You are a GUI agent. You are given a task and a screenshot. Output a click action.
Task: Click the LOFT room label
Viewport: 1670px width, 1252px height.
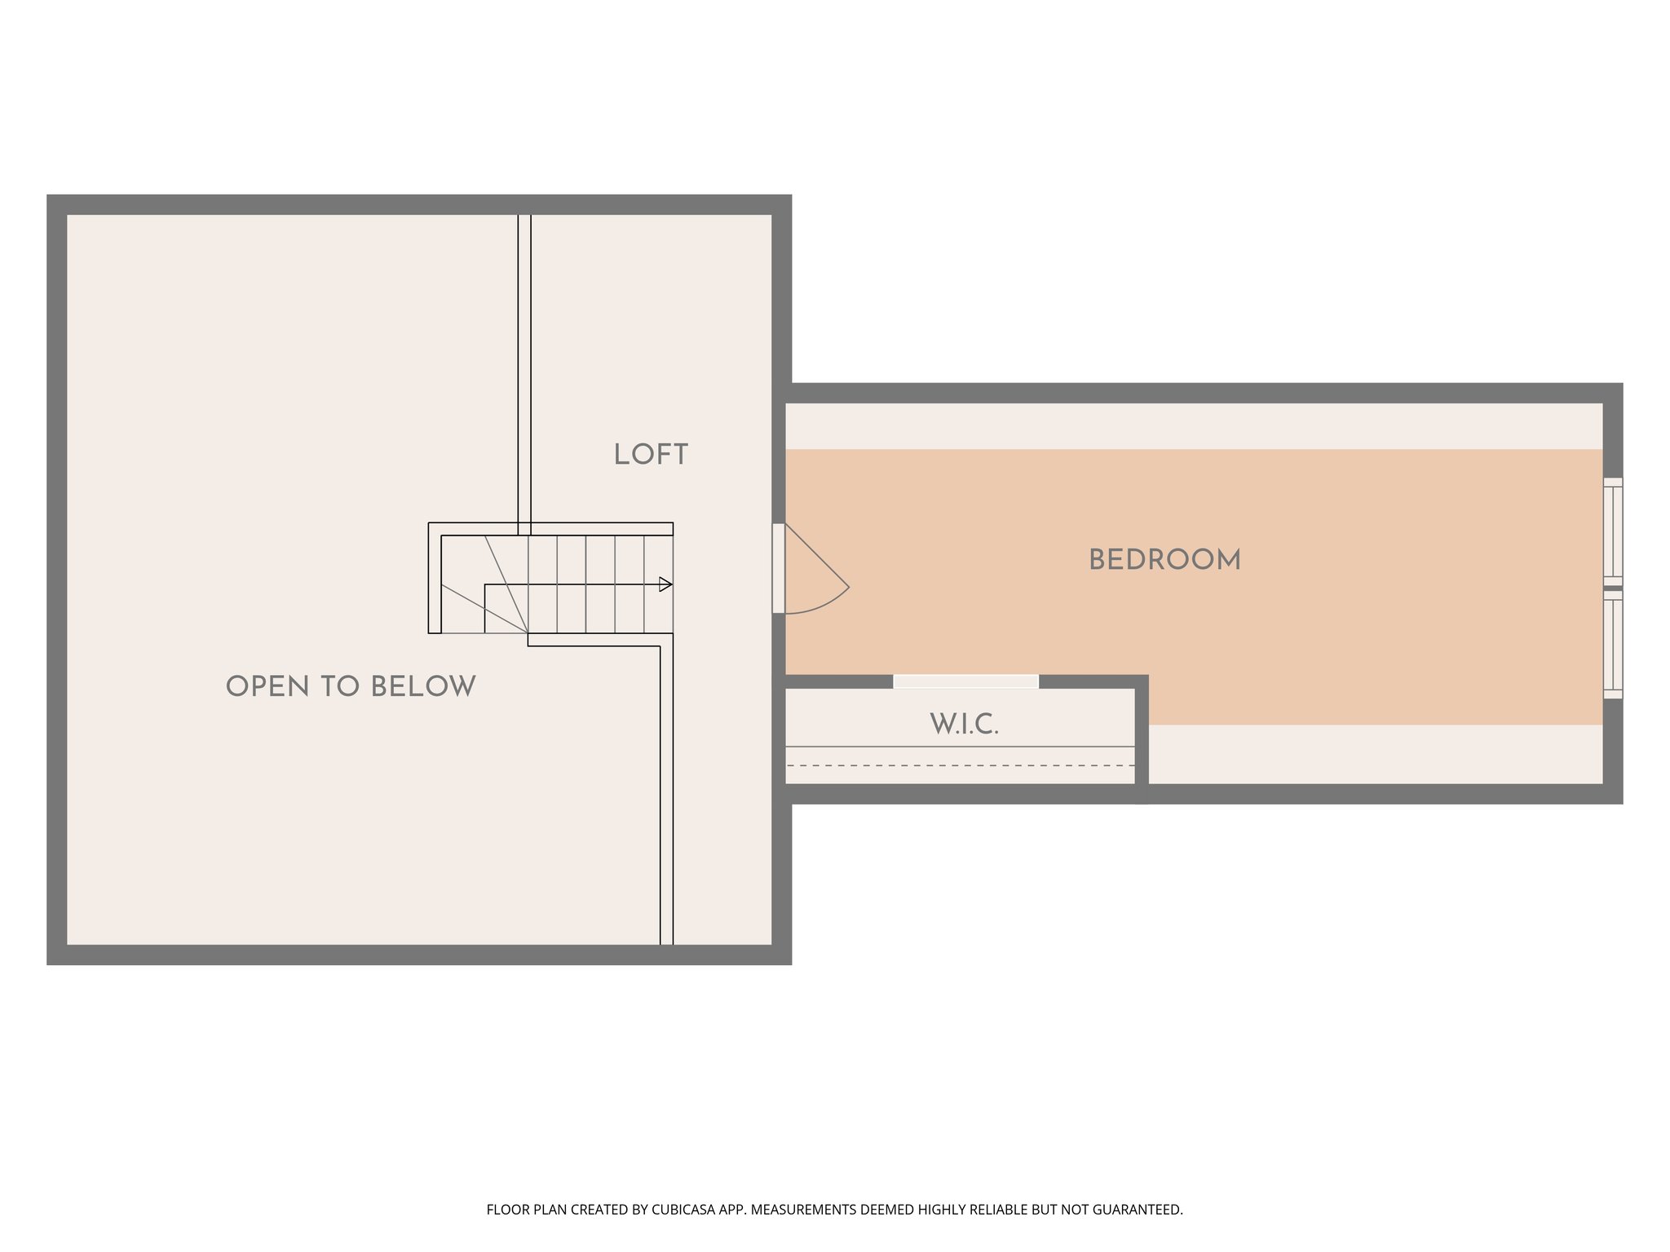click(651, 455)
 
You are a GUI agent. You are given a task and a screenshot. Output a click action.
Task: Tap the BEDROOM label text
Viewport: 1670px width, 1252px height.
click(1164, 560)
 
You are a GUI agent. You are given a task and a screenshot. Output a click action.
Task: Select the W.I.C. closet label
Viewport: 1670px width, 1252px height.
click(964, 724)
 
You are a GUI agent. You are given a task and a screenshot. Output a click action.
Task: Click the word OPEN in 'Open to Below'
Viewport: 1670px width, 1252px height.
click(267, 686)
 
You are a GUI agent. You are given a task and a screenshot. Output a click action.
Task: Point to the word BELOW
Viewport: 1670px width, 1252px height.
click(423, 686)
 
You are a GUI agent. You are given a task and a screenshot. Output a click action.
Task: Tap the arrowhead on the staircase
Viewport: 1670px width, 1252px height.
click(665, 584)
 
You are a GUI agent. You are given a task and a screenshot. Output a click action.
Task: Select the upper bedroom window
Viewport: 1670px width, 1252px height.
click(1612, 531)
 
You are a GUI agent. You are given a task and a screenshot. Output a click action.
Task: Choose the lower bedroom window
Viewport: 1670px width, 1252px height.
click(1612, 644)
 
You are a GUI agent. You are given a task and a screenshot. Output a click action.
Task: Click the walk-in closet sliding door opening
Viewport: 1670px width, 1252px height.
click(965, 681)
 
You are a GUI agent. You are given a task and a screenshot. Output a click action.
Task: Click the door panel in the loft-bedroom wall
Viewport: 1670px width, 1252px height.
click(779, 568)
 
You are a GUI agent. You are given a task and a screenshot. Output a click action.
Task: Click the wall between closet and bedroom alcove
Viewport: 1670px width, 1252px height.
click(1142, 734)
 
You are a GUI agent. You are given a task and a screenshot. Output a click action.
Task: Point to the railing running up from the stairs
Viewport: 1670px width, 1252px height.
click(524, 367)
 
